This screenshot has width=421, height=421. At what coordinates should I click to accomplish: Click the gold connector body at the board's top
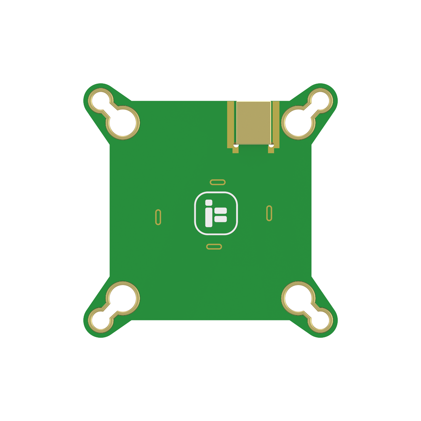[x=253, y=122]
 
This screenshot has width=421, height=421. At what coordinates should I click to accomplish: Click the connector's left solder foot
[x=235, y=149]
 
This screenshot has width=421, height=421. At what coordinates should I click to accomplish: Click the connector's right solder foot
[x=271, y=149]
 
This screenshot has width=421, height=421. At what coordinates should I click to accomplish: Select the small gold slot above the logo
[x=218, y=182]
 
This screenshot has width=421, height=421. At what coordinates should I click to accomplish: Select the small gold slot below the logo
[x=214, y=246]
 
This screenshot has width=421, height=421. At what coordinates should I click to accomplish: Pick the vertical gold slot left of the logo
[x=158, y=217]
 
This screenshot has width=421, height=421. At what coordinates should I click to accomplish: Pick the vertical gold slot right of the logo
[x=269, y=213]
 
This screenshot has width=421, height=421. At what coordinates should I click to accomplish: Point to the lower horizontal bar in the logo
[x=221, y=219]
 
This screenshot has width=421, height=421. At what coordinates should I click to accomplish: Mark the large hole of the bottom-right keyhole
[x=298, y=298]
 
